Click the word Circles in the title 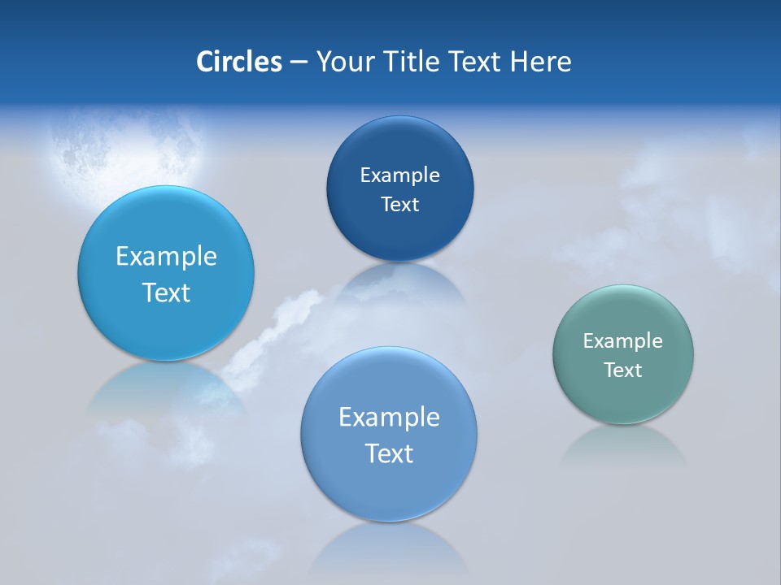point(239,62)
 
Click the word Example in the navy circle point(399,175)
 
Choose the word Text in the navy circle point(399,204)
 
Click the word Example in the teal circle point(623,341)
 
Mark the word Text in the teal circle point(623,370)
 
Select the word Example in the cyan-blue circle point(166,257)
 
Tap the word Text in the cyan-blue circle point(166,292)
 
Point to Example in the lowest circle point(389,418)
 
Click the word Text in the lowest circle point(389,453)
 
